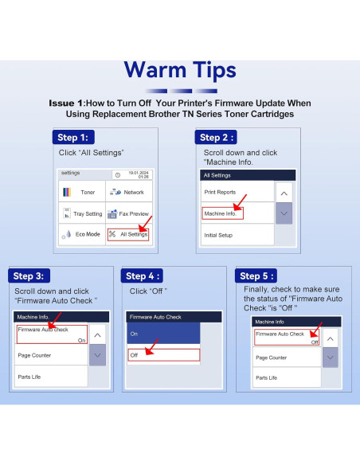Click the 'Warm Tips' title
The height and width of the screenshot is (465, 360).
point(180,70)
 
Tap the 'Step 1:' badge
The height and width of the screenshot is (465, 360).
point(73,137)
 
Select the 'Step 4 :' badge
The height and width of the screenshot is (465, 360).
point(142,275)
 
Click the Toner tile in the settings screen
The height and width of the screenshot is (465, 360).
point(82,192)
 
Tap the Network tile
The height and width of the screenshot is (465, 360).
point(129,192)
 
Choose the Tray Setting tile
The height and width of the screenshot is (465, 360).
point(82,213)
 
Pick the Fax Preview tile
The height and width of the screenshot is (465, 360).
point(129,213)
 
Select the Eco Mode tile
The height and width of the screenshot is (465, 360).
point(82,234)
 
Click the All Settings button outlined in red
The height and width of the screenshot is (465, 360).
point(128,234)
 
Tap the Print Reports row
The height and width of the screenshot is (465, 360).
point(237,192)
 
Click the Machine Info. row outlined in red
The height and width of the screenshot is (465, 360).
point(223,213)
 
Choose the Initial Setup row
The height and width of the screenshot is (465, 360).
point(237,235)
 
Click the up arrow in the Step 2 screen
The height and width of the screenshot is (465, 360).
point(284,193)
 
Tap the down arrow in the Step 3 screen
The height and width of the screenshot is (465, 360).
point(97,354)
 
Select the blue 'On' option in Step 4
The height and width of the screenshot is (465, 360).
point(163,334)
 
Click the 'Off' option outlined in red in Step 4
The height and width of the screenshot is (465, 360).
point(164,355)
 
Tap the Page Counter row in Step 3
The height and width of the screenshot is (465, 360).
point(51,355)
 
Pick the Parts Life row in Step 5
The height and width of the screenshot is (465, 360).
point(287,377)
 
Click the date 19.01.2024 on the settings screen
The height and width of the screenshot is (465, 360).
point(139,173)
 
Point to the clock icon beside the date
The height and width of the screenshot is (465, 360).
point(118,175)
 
